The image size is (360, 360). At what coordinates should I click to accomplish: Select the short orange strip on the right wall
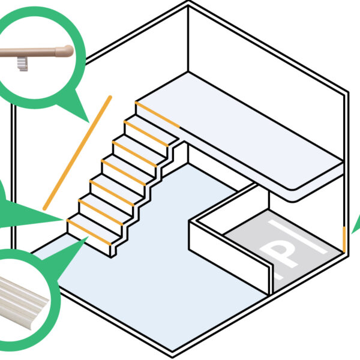click(x=344, y=238)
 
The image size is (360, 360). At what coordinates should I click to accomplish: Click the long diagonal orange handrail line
click(x=78, y=150)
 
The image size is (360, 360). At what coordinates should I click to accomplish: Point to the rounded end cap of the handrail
click(x=68, y=51)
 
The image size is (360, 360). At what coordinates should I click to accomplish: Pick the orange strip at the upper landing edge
click(x=157, y=115)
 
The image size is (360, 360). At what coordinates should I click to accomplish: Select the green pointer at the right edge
click(x=355, y=225)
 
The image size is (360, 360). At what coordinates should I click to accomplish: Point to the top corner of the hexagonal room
click(x=188, y=5)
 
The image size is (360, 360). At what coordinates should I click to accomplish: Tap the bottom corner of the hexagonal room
click(x=173, y=353)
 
